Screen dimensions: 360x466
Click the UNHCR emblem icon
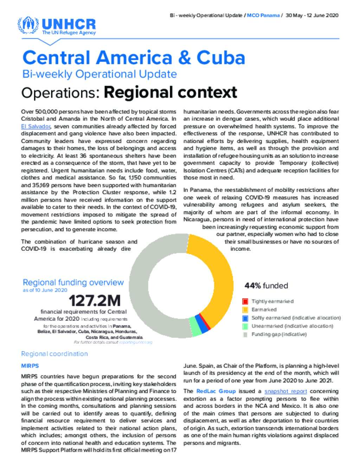coord(28,25)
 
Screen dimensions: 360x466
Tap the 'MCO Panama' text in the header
coord(263,15)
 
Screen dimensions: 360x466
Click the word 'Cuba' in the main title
coord(221,57)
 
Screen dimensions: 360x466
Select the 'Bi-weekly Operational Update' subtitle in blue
coord(99,74)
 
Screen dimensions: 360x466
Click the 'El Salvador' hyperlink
coord(36,126)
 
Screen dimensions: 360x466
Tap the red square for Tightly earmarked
coord(245,301)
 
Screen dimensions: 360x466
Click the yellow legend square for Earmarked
coord(245,309)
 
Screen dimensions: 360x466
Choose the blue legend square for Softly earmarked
coord(245,318)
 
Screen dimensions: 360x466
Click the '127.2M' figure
coord(95,301)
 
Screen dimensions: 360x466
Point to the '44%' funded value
coord(253,286)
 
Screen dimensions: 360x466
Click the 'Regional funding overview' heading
coord(73,282)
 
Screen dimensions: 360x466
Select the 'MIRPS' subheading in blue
coord(30,366)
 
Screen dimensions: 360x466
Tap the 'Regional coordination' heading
coord(54,353)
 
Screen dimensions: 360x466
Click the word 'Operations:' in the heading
coord(60,93)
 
